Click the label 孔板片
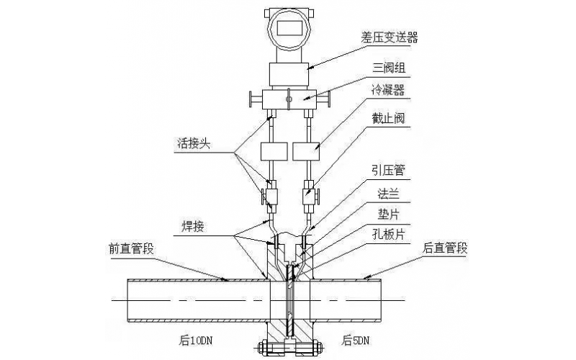(x=392, y=235)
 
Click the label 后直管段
(x=445, y=248)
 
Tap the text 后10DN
(x=194, y=339)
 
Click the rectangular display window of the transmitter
(x=289, y=29)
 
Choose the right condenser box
(x=308, y=150)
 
